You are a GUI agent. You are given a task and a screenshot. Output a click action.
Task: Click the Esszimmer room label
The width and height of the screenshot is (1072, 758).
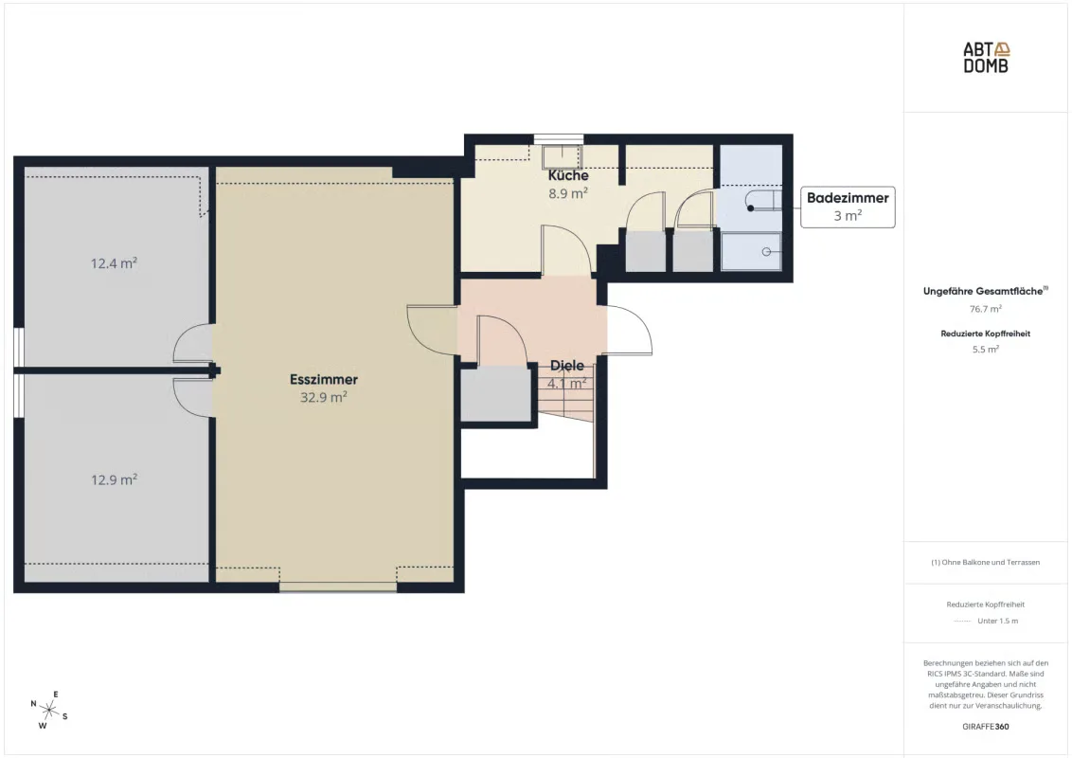323,380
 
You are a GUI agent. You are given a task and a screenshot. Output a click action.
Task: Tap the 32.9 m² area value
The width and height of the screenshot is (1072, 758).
323,397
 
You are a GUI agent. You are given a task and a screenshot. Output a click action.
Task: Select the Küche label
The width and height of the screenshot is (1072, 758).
568,175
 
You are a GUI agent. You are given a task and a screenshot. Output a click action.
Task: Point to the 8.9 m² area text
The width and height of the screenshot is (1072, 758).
568,193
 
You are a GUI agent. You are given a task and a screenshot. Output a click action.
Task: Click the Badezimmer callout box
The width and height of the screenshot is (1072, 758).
848,207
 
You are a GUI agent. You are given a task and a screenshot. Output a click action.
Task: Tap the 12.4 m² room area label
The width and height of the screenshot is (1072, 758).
115,263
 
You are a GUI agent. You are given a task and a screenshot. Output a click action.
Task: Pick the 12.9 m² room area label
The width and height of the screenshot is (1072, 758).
115,479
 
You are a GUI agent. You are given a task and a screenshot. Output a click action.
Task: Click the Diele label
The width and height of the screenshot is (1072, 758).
566,366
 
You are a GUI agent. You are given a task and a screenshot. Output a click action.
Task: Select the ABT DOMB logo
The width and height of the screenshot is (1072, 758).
986,58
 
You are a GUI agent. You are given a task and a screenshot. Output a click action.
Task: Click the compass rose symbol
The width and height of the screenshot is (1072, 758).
49,710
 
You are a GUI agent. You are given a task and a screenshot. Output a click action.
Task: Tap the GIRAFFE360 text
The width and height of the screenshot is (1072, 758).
985,727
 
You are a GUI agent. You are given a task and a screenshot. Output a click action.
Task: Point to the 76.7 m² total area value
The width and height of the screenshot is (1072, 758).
985,309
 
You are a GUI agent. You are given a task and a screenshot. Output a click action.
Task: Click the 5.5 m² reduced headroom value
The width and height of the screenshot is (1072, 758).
985,349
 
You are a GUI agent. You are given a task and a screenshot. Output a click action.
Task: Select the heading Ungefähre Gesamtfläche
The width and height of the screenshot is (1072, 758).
985,291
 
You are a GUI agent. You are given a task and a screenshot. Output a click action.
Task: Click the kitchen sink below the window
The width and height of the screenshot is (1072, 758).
562,156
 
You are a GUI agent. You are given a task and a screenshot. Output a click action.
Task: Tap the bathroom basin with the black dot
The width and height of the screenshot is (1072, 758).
763,201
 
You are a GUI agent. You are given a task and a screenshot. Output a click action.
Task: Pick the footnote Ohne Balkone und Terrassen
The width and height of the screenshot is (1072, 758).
985,563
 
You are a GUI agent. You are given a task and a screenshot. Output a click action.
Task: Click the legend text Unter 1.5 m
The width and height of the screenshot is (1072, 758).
997,622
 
